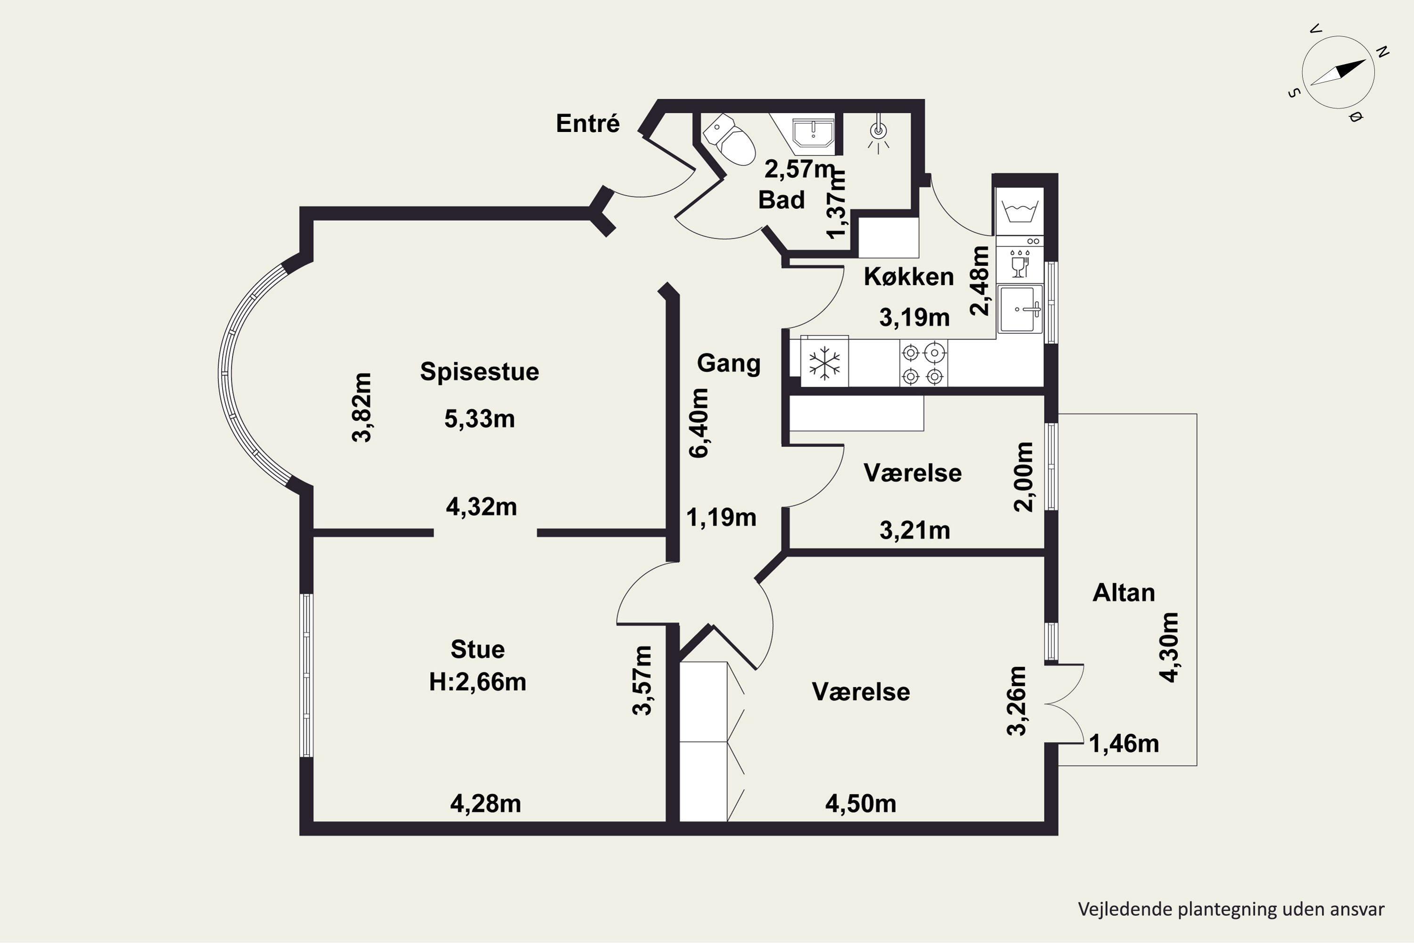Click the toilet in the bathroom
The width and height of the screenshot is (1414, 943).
pos(729,140)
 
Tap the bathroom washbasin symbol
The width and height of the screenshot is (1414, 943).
pos(813,133)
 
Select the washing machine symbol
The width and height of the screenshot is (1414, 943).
pos(1019,212)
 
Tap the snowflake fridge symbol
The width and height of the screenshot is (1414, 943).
pos(824,363)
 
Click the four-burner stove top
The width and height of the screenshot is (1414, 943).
pos(923,363)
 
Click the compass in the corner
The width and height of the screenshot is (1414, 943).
pos(1338,73)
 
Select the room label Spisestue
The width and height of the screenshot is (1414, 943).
pos(479,371)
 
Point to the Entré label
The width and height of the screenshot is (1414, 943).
pos(587,123)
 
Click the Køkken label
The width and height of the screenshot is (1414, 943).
pos(908,277)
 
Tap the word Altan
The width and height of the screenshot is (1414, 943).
pos(1124,593)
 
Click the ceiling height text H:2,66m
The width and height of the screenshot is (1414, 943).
pos(477,682)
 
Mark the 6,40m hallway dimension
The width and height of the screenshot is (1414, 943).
pos(699,423)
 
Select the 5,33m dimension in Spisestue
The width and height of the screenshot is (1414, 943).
pos(479,419)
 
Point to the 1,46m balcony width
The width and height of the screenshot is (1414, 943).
pos(1124,744)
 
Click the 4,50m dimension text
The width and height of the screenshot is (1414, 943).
pos(860,804)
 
